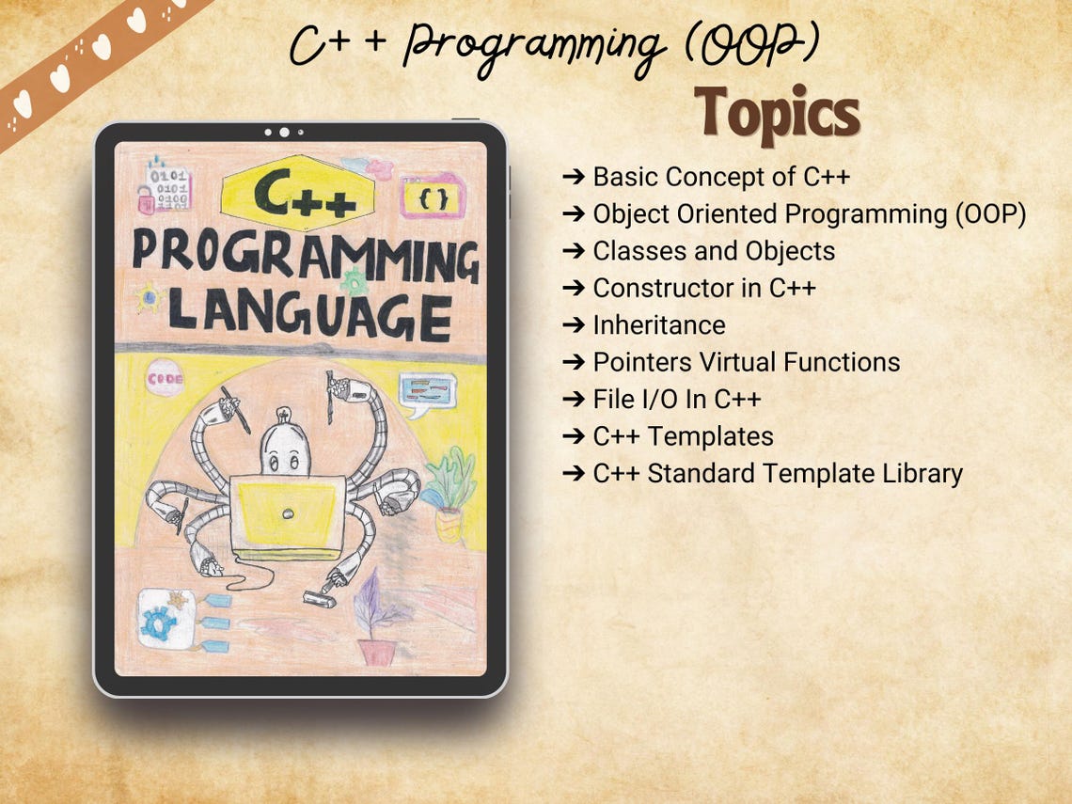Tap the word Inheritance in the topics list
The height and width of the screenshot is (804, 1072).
658,325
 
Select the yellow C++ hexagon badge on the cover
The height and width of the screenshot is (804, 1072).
298,192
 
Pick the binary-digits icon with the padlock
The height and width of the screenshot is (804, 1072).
165,187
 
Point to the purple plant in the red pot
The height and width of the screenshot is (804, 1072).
378,621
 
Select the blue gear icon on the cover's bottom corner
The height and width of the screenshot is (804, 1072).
163,622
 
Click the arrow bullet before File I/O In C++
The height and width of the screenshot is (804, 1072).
573,400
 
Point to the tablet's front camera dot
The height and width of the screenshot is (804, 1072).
284,133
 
